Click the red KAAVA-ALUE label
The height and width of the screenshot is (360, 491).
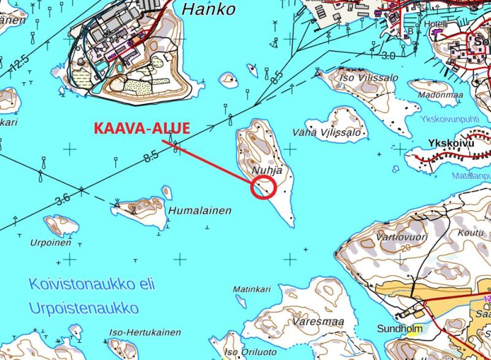142,128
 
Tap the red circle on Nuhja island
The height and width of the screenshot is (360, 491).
263,187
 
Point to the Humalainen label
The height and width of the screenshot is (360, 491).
201,211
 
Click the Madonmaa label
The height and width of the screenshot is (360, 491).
440,95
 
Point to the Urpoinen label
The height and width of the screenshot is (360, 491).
51,242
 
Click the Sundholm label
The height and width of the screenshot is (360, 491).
400,328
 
